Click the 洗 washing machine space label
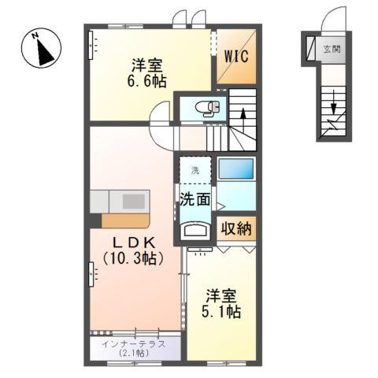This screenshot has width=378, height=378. point(194,170)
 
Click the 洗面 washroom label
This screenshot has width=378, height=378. point(194,199)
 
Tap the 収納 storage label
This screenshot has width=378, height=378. point(236,229)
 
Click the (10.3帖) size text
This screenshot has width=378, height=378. point(132,259)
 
